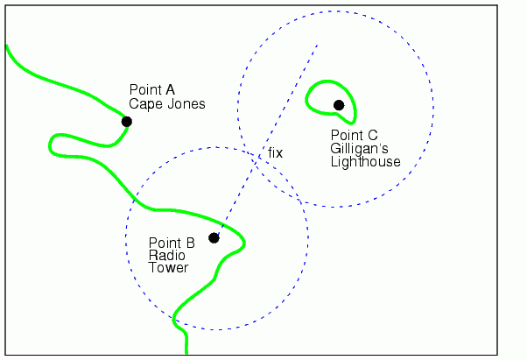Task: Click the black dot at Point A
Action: click(x=127, y=122)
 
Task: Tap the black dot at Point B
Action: click(x=214, y=237)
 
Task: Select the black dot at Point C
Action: click(x=339, y=105)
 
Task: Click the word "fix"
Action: click(x=276, y=152)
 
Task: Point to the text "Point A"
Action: click(x=152, y=89)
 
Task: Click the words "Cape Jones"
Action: click(x=166, y=103)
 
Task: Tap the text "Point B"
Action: click(x=172, y=243)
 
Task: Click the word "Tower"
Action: click(x=168, y=267)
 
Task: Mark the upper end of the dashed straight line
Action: click(x=317, y=45)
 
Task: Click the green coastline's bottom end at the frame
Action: click(x=186, y=352)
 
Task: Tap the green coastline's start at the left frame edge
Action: click(x=7, y=46)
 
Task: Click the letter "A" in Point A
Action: click(x=171, y=89)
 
